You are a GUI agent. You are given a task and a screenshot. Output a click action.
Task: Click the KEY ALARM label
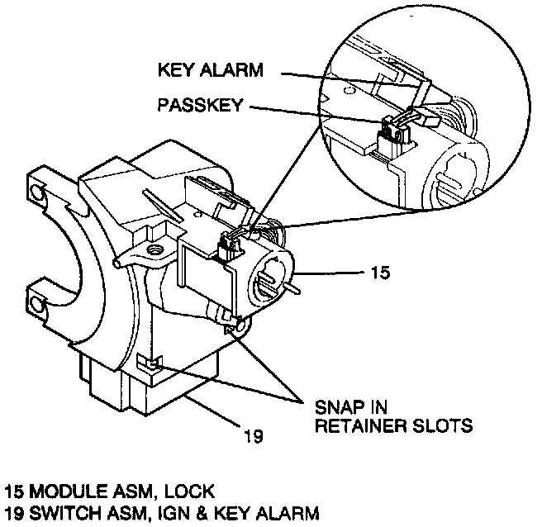click(x=211, y=71)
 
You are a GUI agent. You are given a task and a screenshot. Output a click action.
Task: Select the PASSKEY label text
click(x=202, y=106)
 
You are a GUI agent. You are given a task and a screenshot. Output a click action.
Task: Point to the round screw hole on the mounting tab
click(x=153, y=249)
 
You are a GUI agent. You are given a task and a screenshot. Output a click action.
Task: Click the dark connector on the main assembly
click(x=227, y=249)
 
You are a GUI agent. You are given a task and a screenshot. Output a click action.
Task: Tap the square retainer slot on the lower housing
click(x=146, y=363)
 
